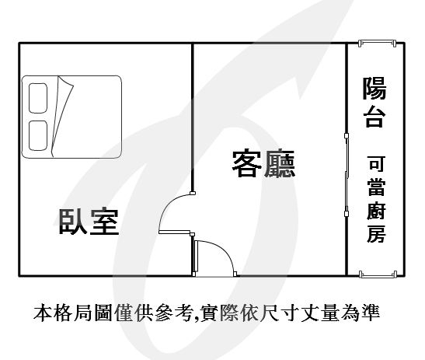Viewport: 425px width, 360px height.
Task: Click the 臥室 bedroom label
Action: [89, 222]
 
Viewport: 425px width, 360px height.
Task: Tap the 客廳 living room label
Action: [263, 163]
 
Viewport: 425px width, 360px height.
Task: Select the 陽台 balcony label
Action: [374, 103]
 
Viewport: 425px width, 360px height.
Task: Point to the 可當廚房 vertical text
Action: [376, 199]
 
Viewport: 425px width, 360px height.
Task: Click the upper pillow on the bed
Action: [38, 98]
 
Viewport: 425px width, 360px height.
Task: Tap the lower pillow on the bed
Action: [38, 135]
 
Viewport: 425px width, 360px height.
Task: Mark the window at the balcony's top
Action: [378, 43]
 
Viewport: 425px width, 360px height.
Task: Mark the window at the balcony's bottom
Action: [378, 274]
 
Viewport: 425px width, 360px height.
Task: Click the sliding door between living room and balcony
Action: [347, 175]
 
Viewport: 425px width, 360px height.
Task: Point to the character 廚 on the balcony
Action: [376, 210]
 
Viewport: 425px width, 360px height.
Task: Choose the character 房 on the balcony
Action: [376, 234]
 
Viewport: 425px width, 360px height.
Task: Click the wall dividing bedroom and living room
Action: [193, 117]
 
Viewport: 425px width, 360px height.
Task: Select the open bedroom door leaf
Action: [175, 232]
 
